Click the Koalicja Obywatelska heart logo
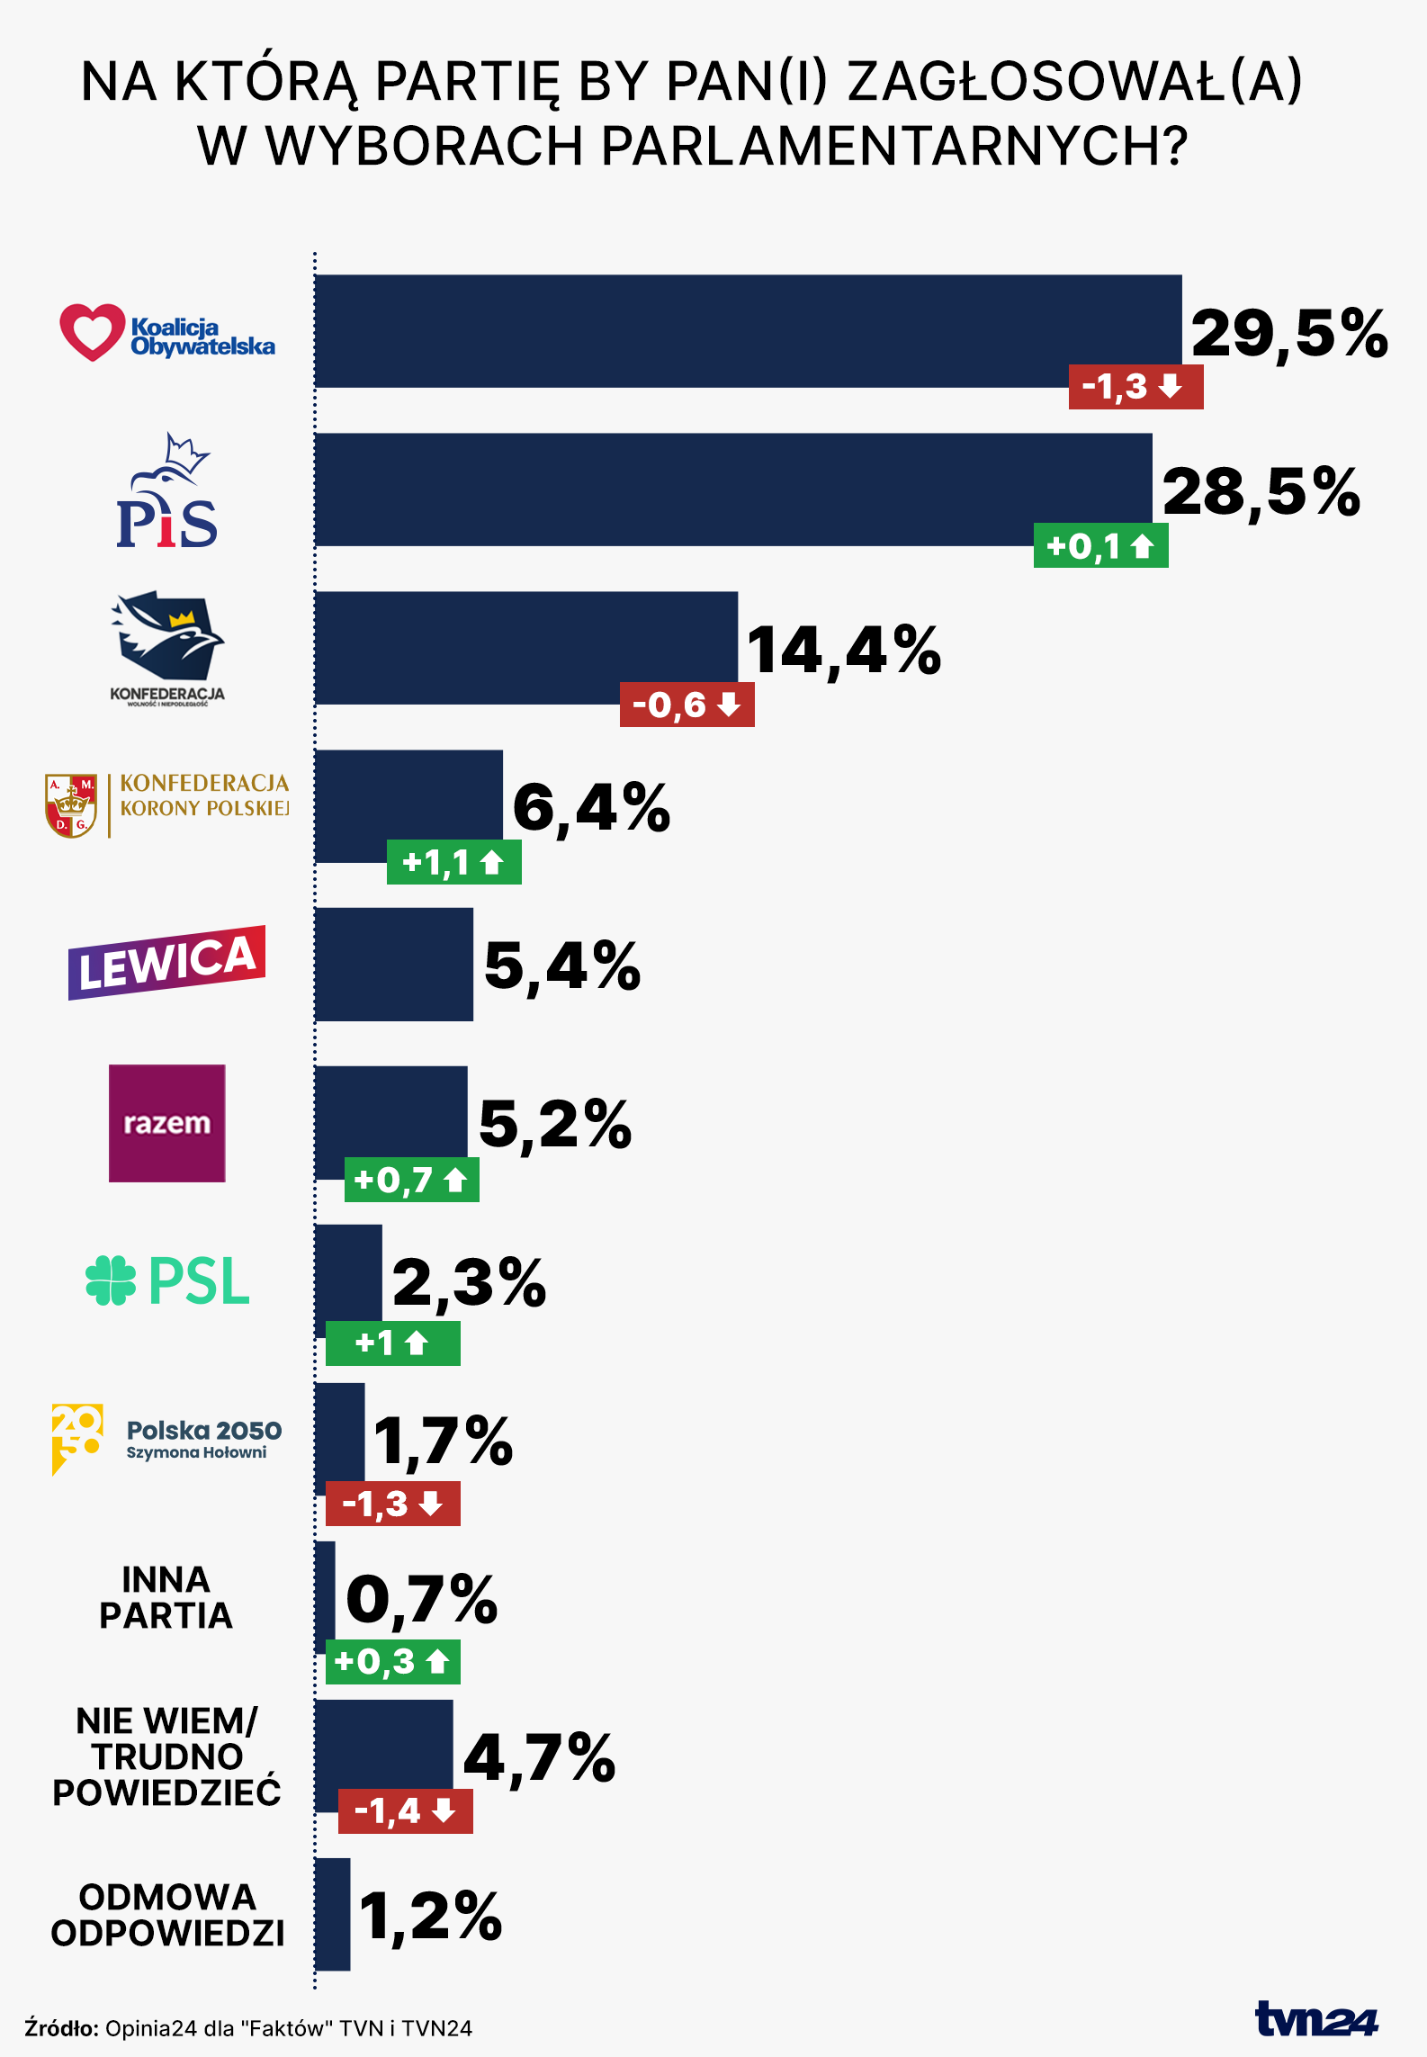pos(92,332)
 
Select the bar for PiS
pos(732,490)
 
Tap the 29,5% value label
pos(1288,334)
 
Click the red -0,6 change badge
pos(687,705)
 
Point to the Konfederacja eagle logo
pos(168,636)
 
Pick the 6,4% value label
pos(591,807)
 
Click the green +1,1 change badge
pos(453,863)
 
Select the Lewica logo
pos(167,963)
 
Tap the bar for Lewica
pos(393,965)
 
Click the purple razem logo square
pos(167,1123)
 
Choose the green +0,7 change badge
pos(411,1180)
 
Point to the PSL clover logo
pos(110,1280)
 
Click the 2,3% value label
pos(469,1282)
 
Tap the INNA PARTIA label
pos(166,1598)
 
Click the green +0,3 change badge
pos(392,1662)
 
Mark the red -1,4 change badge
pos(405,1810)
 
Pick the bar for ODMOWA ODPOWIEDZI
pos(332,1914)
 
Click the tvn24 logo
pos(1315,2019)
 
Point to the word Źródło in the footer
pos(61,2028)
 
